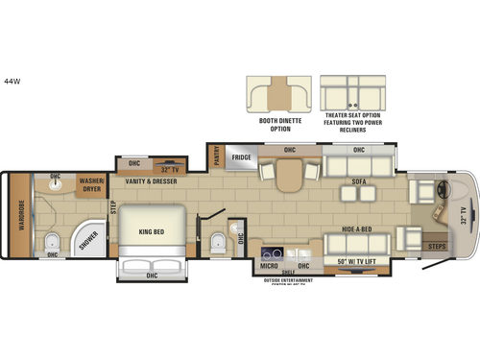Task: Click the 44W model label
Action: point(13,80)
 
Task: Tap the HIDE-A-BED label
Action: point(357,229)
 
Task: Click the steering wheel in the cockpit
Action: point(441,189)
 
